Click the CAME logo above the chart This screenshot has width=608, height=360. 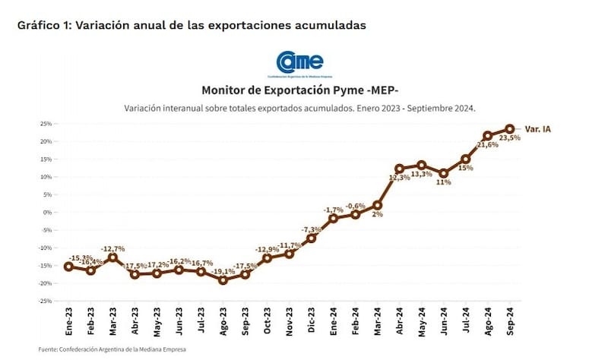pos(300,62)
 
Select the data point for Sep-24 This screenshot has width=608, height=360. pos(510,129)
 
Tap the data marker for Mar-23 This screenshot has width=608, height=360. pos(112,257)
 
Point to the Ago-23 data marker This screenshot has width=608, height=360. pos(223,279)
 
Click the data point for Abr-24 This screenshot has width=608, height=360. pos(400,169)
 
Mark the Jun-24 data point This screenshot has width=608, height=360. pos(444,173)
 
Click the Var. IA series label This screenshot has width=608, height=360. pos(537,130)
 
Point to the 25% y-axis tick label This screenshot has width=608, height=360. pos(46,123)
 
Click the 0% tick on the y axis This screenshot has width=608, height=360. pos(47,213)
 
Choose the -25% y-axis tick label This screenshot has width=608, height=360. pos(44,302)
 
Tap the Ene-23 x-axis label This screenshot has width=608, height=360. pos(68,323)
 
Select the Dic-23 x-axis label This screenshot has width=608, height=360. pos(312,323)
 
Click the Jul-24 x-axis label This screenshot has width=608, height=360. pos(466,323)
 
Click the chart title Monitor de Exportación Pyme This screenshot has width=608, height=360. pos(299,90)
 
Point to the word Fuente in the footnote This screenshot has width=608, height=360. pos(49,349)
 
